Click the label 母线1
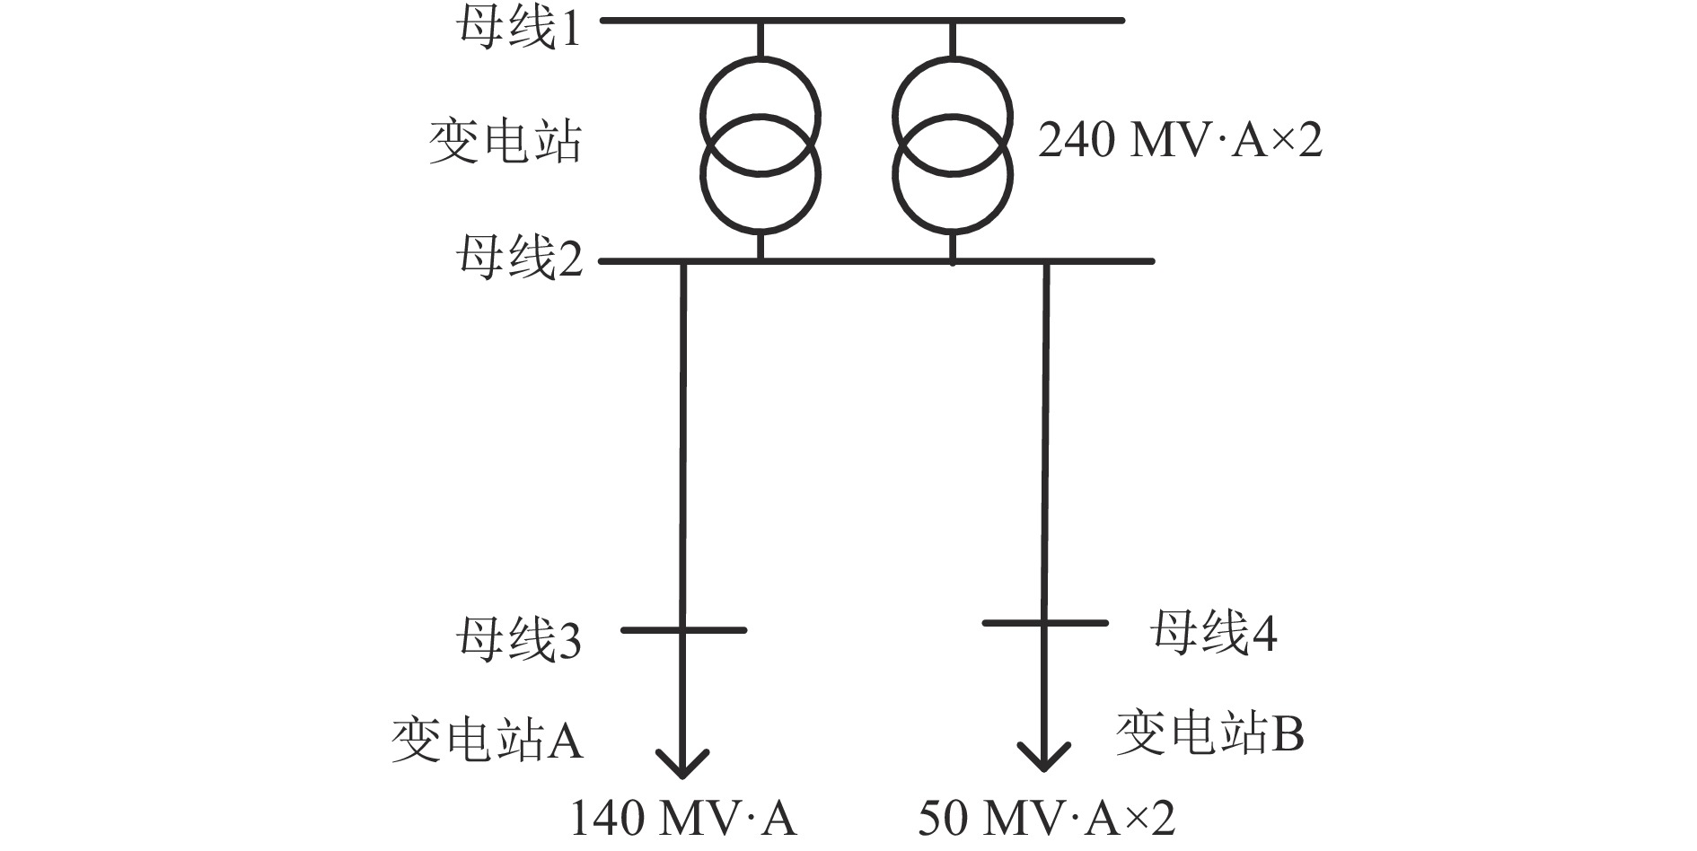518,30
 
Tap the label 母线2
518,259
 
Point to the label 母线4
1213,633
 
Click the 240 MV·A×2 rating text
1180,142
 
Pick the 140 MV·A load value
683,819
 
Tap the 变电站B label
1209,733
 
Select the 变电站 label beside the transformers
505,142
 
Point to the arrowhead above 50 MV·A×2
1043,757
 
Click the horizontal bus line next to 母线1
862,20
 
